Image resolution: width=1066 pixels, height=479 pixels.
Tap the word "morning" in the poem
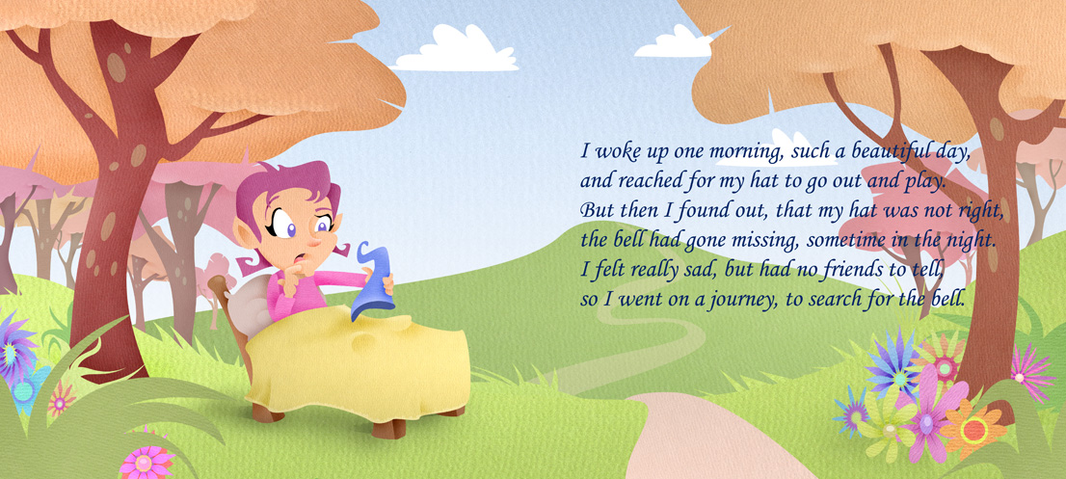tap(739, 152)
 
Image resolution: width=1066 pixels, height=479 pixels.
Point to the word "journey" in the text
tap(736, 301)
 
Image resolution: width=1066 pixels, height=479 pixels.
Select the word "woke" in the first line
tap(613, 151)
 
